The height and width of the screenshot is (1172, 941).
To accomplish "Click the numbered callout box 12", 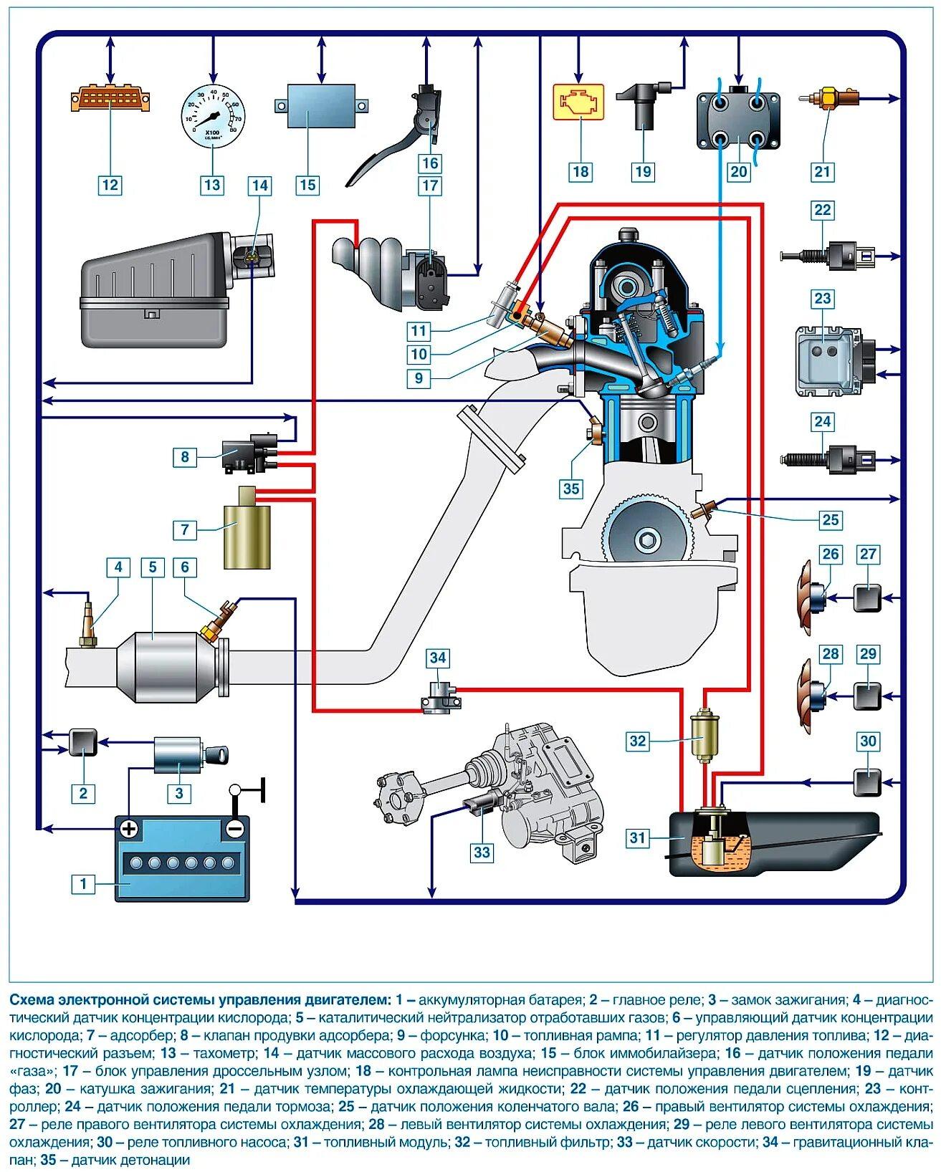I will click(x=110, y=185).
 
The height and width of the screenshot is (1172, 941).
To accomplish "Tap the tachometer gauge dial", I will click(x=212, y=115).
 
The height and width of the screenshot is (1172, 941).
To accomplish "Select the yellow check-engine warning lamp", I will click(x=578, y=102).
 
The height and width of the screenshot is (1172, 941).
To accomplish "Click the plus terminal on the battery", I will click(x=129, y=829).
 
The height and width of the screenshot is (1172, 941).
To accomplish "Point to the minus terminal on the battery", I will click(x=234, y=829).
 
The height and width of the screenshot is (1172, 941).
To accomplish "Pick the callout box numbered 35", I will click(x=570, y=489).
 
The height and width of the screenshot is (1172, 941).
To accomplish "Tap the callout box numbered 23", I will click(x=822, y=299).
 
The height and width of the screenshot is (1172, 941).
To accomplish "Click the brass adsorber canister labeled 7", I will click(x=247, y=534).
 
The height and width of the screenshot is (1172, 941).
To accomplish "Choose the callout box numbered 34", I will click(x=437, y=658).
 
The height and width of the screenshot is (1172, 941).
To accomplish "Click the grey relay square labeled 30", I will click(x=867, y=782).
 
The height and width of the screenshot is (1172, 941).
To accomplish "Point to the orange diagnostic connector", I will click(x=110, y=100).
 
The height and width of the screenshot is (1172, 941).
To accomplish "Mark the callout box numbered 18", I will click(x=580, y=171).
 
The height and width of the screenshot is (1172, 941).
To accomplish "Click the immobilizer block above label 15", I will click(x=321, y=107).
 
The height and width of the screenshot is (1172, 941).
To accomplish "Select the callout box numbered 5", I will click(x=153, y=567).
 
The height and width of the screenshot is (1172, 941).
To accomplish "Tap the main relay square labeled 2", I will click(x=83, y=743).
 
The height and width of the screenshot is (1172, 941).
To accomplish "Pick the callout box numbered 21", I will click(x=822, y=171).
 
